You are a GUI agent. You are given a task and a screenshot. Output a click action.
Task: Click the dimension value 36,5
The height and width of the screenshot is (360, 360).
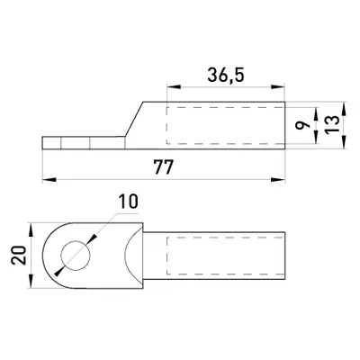coord(226,75)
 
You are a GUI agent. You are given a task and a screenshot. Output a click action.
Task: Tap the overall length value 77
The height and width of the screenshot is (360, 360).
coord(164,167)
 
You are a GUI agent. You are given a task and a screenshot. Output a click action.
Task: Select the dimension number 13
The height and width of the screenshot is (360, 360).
coord(333,124)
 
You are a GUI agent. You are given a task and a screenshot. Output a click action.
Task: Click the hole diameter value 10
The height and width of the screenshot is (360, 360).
coord(128,201)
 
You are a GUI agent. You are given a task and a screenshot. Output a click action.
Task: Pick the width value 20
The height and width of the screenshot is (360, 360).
coord(18,255)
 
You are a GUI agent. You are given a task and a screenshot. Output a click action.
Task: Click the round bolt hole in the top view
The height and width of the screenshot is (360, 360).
coord(76,256)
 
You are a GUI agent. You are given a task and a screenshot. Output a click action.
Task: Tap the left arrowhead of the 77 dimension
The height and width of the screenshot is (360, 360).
coord(49,180)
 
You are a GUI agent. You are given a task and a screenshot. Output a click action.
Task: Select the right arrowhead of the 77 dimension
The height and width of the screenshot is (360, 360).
coord(278,180)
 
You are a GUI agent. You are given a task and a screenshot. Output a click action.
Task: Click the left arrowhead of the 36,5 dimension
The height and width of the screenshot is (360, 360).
coord(175,87)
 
